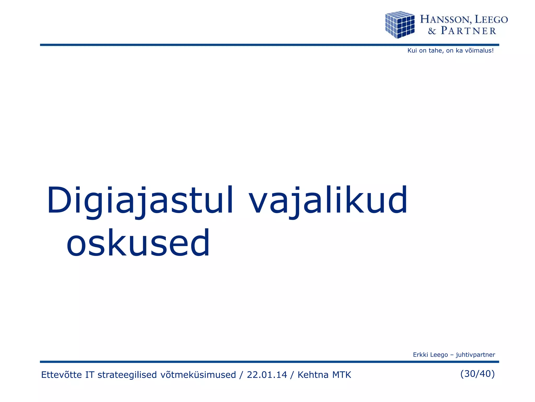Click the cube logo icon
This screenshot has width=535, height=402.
tap(400, 25)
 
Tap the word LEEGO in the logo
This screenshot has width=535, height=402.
tap(491, 19)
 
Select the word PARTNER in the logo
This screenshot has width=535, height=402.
tap(468, 31)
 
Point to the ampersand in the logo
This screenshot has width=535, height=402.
tap(432, 31)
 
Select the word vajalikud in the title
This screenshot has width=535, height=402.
tap(328, 200)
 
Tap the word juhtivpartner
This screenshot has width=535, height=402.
tap(475, 355)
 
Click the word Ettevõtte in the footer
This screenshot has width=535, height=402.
tap(61, 375)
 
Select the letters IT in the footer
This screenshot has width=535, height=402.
tap(90, 375)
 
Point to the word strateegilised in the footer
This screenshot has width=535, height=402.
tap(127, 375)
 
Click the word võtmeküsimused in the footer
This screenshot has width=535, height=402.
tap(198, 375)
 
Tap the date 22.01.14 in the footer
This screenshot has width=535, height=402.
tap(267, 375)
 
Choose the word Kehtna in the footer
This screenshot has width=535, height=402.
tap(313, 375)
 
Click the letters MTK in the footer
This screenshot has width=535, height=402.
tap(341, 375)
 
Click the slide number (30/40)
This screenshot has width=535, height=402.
tap(477, 374)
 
